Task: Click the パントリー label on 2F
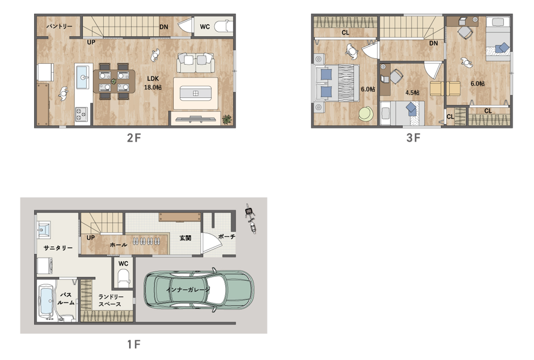59,26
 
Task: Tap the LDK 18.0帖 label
153,83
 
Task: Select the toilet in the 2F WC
224,26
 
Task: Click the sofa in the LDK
196,63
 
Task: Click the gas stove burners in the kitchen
81,114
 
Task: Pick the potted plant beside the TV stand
227,119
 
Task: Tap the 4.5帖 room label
412,93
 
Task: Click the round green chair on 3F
366,113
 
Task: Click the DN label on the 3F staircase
433,43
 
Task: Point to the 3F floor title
413,137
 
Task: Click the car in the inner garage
198,290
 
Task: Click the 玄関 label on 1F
185,238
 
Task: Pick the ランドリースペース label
111,301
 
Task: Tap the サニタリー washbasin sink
43,230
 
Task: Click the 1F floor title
134,344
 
